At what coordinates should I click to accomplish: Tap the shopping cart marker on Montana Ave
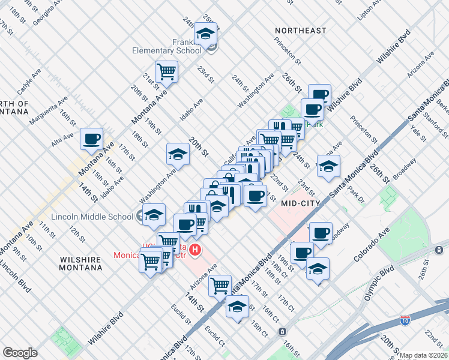click(x=166, y=72)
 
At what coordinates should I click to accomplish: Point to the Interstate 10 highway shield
click(x=405, y=320)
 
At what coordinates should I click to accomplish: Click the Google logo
click(x=20, y=353)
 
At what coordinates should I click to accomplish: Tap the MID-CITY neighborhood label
click(x=303, y=203)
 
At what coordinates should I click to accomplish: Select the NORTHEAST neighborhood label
click(x=301, y=31)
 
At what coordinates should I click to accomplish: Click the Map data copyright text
click(x=423, y=355)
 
